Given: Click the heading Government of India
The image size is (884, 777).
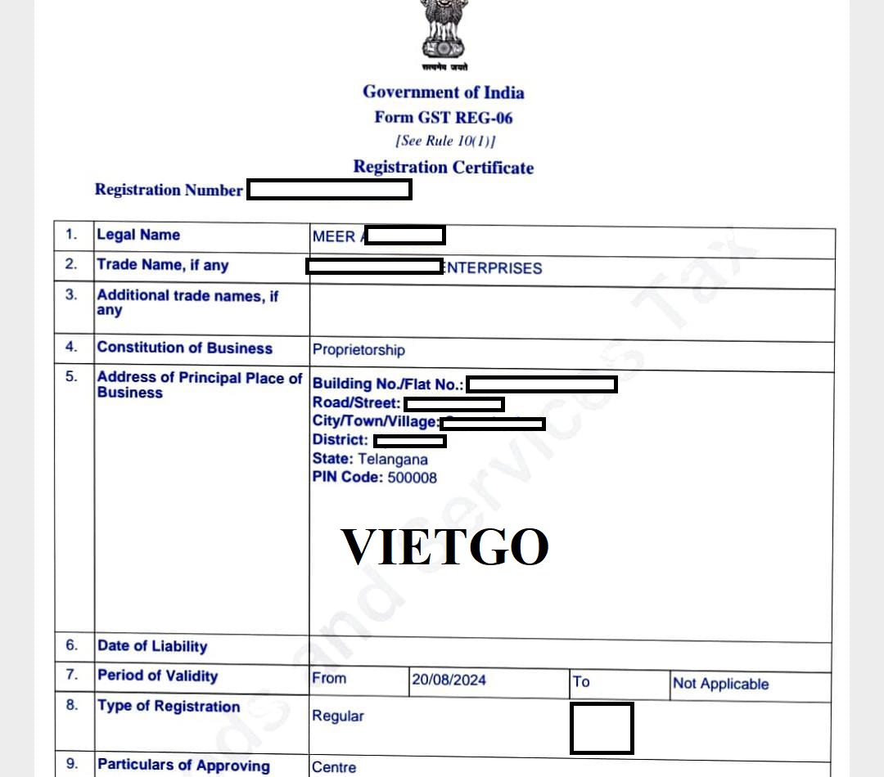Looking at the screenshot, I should click(443, 92).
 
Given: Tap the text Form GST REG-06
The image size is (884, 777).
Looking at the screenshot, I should click(443, 117).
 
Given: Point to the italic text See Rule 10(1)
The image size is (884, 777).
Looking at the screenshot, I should click(444, 141).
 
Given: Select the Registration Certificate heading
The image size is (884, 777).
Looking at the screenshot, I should click(443, 167).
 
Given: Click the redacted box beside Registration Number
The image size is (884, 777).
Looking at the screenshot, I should click(329, 190).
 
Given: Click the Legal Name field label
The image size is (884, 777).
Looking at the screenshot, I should click(138, 235).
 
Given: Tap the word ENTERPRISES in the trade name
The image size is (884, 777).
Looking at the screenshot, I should click(492, 268).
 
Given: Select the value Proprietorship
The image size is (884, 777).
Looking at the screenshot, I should click(359, 350).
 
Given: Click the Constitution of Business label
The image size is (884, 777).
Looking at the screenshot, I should click(184, 348).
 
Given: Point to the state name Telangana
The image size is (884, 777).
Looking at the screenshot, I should click(392, 459).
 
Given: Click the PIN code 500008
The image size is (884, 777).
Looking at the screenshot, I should click(412, 478).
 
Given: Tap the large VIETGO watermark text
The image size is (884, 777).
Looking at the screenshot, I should click(444, 547).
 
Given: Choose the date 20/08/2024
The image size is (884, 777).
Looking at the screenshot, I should click(449, 680).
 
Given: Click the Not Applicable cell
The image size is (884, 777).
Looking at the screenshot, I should click(720, 684).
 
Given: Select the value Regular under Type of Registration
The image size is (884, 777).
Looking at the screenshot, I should click(337, 716).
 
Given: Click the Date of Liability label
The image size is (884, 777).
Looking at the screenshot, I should click(152, 646).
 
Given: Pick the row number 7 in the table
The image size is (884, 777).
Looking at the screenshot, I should click(72, 675).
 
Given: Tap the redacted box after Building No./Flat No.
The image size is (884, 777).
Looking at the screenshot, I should click(541, 384).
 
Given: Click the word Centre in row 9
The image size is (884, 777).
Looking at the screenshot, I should click(334, 767).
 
